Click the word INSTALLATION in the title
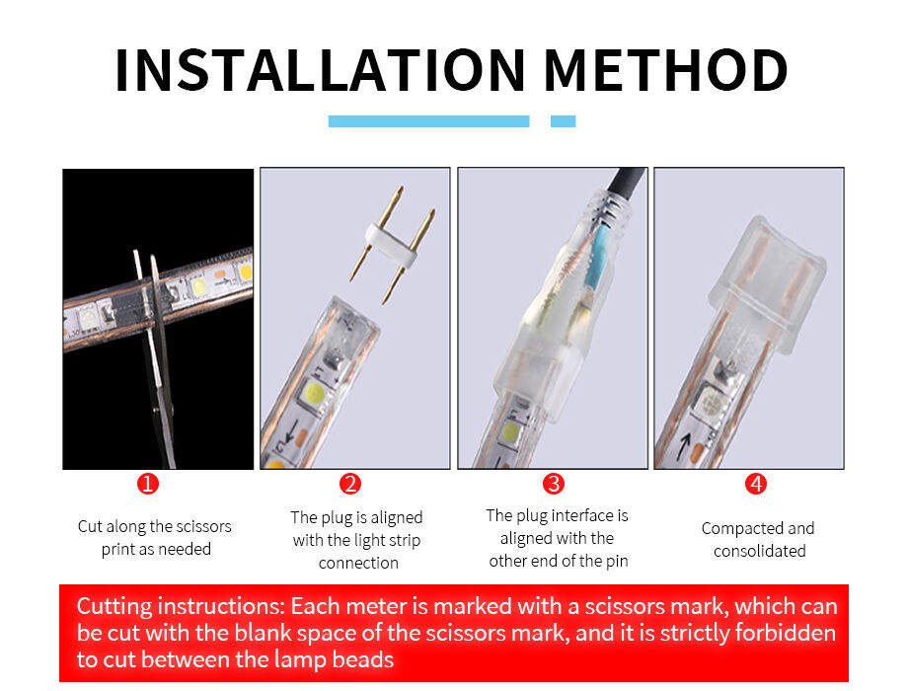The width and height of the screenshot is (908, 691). coord(320,70)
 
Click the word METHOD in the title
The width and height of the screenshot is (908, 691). coord(666,70)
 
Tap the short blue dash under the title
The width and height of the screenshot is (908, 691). coord(563,121)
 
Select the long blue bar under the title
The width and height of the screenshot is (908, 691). coord(428,121)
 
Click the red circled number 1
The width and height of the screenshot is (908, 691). coord(148,483)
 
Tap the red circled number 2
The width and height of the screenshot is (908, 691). coord(350,483)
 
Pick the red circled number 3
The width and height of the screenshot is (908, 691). coord(554,483)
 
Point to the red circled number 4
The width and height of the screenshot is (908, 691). coord(756,483)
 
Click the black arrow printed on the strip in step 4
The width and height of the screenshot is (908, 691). coord(685,447)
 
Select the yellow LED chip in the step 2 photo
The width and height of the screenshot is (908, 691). coord(315,396)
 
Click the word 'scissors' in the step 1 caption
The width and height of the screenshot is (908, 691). coord(202,526)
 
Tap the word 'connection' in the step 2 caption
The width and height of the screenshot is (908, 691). coord(358,563)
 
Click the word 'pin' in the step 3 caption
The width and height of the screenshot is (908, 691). coord(617,562)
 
